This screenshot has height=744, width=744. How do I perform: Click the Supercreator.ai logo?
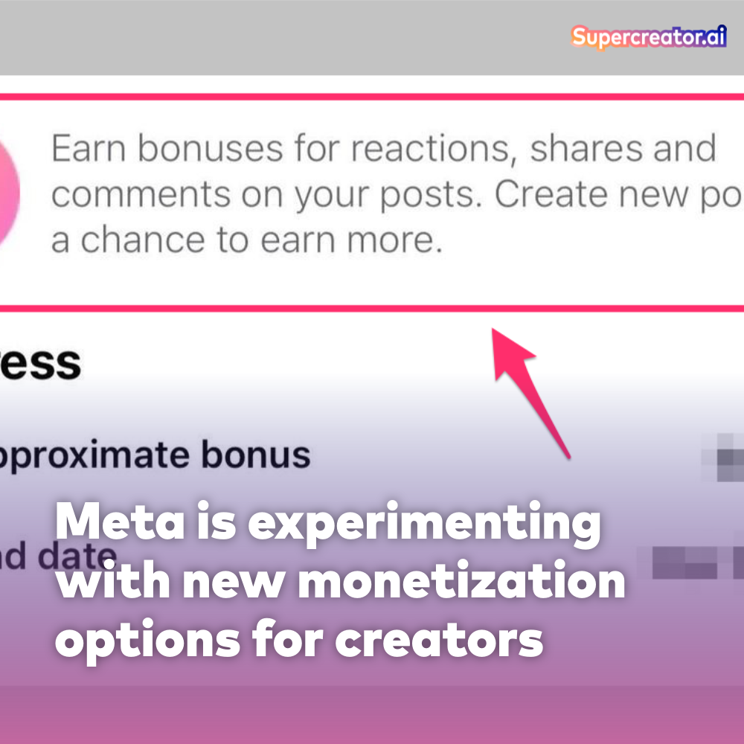pyautogui.click(x=648, y=38)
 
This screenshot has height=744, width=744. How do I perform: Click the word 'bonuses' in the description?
pyautogui.click(x=211, y=150)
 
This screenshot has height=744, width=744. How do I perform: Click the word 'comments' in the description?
pyautogui.click(x=141, y=196)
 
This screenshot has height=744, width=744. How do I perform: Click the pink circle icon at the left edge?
pyautogui.click(x=9, y=193)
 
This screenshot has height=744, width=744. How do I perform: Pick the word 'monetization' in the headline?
pyautogui.click(x=461, y=583)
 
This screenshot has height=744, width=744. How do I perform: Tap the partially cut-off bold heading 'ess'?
pyautogui.click(x=40, y=363)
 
